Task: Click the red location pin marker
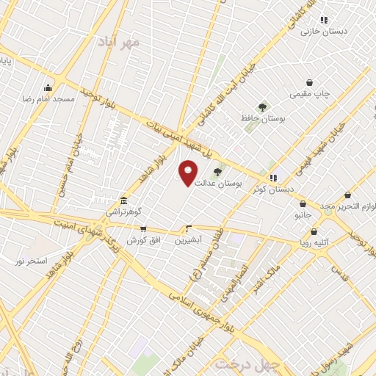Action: tap(189, 173)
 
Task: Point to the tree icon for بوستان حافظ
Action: tap(262, 106)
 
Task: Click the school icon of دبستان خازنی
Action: tap(324, 20)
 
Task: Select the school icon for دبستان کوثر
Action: tap(273, 177)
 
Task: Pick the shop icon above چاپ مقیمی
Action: tap(311, 82)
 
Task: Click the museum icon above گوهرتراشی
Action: tap(123, 200)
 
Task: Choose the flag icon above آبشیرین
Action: tap(189, 228)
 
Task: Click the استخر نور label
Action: tap(32, 261)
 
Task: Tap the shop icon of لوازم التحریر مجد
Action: tap(347, 195)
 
